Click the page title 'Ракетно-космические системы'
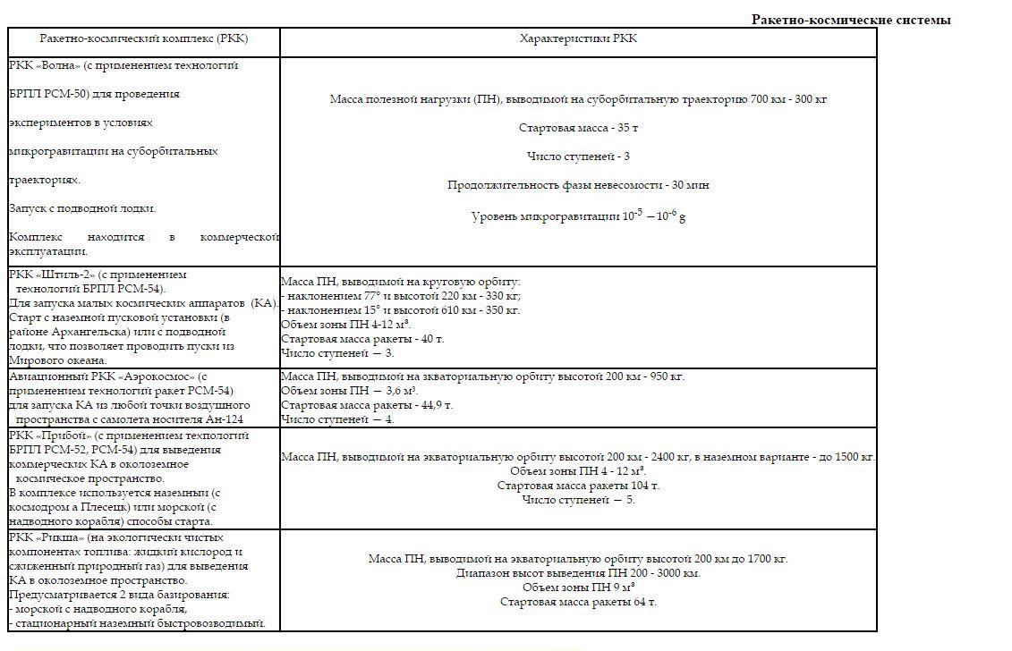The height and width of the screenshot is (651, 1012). click(x=850, y=20)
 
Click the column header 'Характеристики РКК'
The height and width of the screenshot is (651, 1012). click(x=578, y=39)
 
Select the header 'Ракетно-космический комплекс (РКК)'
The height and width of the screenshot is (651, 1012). click(x=143, y=39)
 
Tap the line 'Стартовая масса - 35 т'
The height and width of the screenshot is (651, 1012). click(x=578, y=128)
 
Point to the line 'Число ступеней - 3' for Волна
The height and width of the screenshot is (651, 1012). click(x=578, y=156)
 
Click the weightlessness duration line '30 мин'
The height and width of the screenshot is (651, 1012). click(x=578, y=185)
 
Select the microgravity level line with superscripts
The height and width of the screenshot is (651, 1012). click(x=578, y=216)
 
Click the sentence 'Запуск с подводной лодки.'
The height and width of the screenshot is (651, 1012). click(x=82, y=208)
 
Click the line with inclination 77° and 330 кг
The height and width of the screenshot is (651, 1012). click(x=400, y=296)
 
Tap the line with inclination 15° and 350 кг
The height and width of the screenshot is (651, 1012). click(x=400, y=310)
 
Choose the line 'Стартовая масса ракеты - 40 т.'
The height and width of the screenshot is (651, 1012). click(x=362, y=339)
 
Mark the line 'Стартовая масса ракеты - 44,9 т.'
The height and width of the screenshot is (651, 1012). click(x=367, y=405)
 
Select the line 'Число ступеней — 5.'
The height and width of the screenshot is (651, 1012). click(x=578, y=500)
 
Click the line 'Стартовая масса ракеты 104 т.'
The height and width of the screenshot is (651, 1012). click(x=578, y=486)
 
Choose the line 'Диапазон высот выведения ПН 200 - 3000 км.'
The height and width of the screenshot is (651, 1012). click(x=578, y=573)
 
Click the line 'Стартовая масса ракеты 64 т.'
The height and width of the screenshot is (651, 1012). click(x=578, y=602)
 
